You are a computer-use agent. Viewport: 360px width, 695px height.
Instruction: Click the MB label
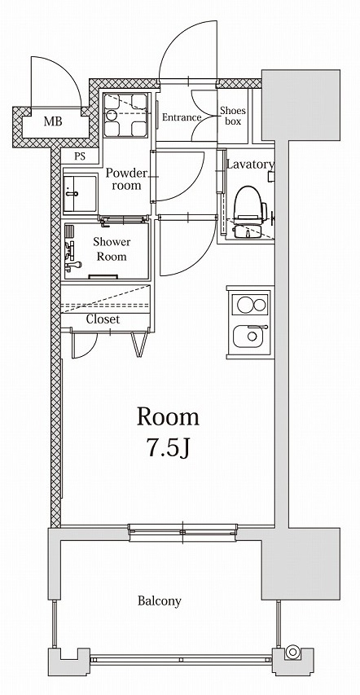coord(52,123)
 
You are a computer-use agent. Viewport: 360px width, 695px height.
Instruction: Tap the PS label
coord(80,156)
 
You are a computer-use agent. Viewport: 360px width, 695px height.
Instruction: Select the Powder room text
coord(126,179)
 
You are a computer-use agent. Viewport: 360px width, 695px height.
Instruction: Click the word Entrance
coord(181,118)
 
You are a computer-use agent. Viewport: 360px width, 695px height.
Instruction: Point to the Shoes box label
coord(231,117)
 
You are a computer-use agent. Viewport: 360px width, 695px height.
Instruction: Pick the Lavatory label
coord(249,165)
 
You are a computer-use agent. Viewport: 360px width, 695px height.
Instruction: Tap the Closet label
coord(103,319)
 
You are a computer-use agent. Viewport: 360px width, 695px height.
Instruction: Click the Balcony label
coord(159,601)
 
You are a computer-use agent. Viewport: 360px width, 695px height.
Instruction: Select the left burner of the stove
coord(241,306)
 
